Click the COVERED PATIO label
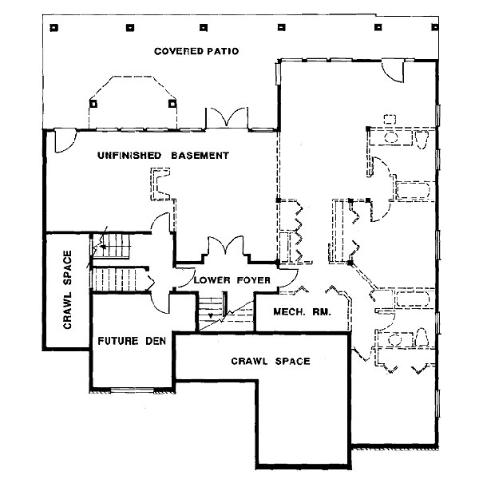pos(196,51)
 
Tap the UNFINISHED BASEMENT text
pos(163,155)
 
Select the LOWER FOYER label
pos(232,280)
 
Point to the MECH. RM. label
pos(302,312)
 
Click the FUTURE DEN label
pos(132,341)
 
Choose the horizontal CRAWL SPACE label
pos(271,362)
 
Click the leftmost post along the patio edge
pos(53,28)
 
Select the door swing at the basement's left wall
pos(60,141)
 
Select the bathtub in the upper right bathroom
pos(413,192)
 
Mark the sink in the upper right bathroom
pos(390,137)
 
